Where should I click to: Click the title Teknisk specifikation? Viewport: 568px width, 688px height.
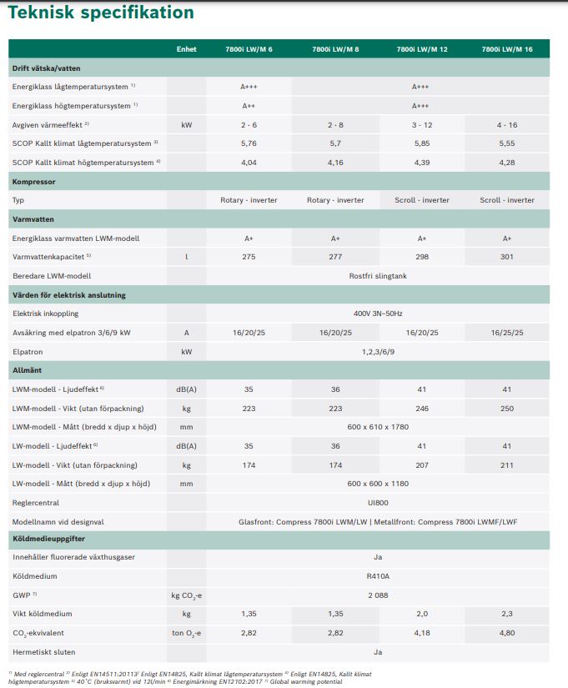pos(101,13)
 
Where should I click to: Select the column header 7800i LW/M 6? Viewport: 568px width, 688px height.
pos(249,49)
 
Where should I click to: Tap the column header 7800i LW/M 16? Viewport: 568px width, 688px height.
pos(507,49)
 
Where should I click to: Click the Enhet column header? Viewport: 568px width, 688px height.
pos(186,49)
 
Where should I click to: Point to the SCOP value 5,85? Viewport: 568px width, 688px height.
pos(420,143)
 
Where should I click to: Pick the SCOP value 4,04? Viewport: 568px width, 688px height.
pos(249,163)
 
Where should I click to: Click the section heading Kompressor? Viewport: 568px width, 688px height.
pos(35,181)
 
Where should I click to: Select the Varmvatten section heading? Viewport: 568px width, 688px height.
pos(33,219)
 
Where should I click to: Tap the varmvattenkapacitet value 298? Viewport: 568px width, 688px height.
pos(420,257)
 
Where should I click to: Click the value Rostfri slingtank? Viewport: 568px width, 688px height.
pos(378,276)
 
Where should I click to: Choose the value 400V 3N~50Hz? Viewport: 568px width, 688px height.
pos(378,314)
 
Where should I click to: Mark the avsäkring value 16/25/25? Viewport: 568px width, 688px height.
pos(507,333)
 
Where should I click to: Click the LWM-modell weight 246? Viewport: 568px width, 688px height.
pos(420,408)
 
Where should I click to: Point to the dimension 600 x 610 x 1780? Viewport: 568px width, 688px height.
pos(378,427)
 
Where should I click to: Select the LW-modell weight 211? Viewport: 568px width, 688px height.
pos(507,465)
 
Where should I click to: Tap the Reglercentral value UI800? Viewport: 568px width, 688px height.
pos(378,503)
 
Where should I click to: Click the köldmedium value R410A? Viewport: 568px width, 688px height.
pos(378,576)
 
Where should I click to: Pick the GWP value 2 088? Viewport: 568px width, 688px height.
pos(378,595)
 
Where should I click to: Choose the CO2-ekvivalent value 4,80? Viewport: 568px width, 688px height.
pos(507,633)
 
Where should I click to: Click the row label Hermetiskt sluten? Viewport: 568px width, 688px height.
pos(44,652)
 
